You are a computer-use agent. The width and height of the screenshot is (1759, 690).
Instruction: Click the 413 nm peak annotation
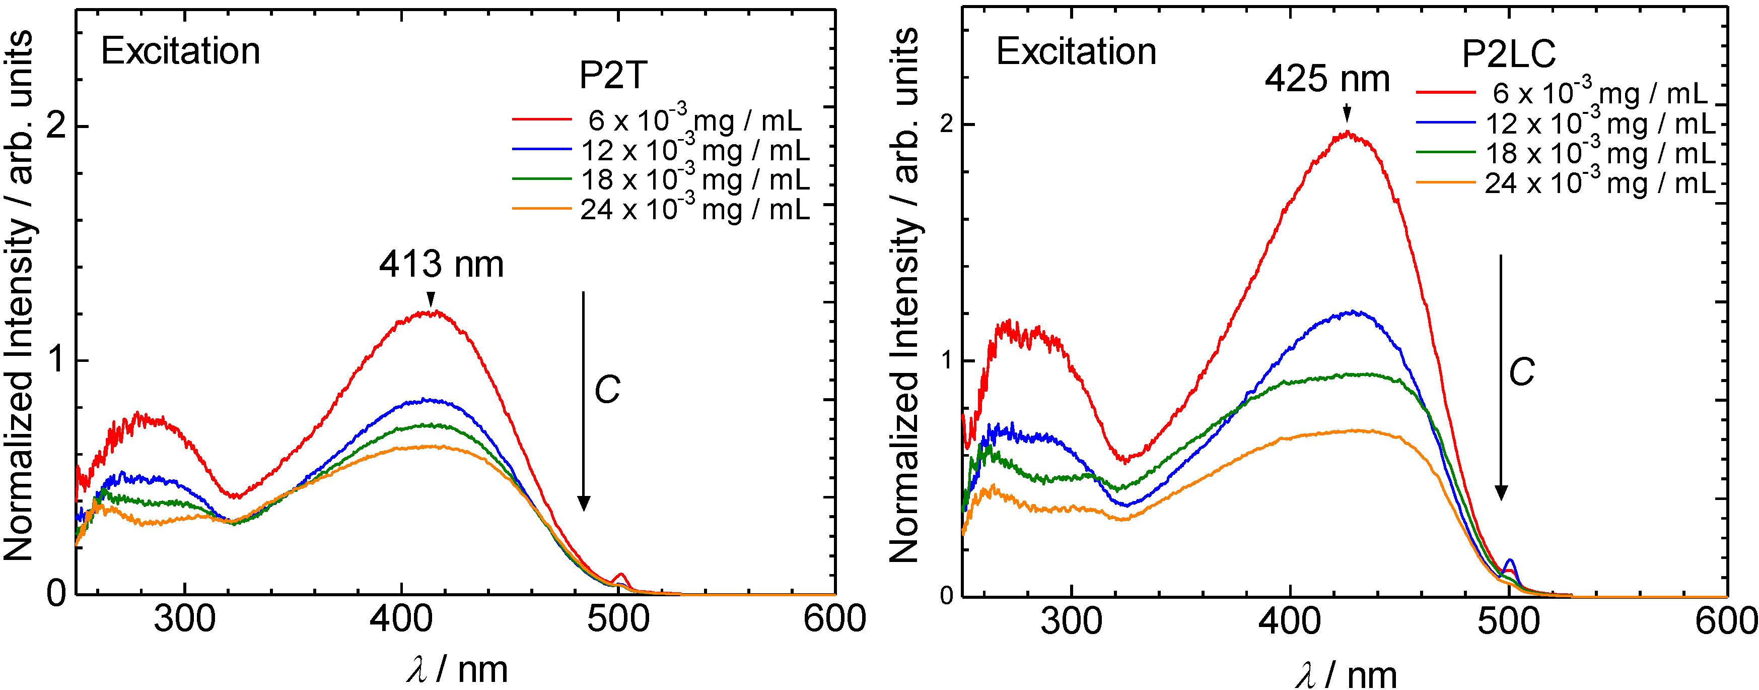(441, 265)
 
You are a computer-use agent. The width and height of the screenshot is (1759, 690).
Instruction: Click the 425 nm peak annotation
(1327, 79)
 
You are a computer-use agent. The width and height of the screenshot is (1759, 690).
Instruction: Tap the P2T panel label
(612, 75)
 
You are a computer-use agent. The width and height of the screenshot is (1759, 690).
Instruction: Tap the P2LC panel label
(1508, 54)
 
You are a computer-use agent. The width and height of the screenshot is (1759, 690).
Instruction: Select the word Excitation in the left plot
(181, 51)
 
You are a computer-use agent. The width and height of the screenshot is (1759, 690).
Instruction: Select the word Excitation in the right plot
(1076, 51)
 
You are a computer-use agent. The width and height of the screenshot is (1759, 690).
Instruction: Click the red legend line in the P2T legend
(541, 119)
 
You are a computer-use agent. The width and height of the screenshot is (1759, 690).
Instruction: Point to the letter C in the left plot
(606, 390)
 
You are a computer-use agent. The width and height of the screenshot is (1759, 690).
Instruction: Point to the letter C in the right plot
(1521, 372)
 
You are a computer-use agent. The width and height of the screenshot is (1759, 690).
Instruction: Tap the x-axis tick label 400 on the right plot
(1289, 621)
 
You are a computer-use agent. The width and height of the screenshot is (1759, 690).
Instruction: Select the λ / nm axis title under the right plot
(1345, 675)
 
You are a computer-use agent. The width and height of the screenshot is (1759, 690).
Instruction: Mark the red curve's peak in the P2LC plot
(1347, 133)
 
